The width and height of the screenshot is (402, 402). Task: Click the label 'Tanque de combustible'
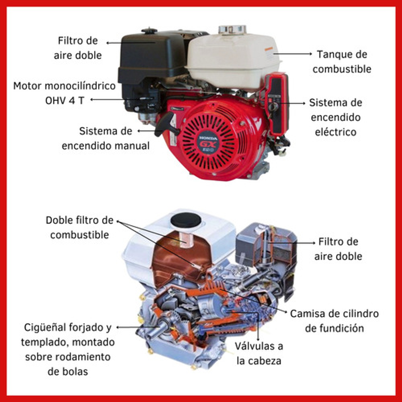coord(342,62)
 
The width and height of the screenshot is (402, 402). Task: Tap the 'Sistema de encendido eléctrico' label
coord(336,117)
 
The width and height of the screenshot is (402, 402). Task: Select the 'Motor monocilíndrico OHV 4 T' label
coord(64,93)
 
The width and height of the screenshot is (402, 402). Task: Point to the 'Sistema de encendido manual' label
coord(106,138)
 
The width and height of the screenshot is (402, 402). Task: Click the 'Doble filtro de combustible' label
coord(80,228)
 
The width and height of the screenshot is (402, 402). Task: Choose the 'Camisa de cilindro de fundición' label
coord(334,321)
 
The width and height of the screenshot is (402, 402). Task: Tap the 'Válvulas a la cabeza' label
coord(259,353)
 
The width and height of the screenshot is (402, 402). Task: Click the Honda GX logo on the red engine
coord(208,144)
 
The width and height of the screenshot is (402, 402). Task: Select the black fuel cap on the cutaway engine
coord(186,220)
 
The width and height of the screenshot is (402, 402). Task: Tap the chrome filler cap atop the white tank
coord(232,29)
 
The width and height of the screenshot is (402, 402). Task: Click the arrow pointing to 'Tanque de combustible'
coord(293,54)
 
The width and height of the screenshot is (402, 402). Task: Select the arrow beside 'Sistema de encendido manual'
coord(147,131)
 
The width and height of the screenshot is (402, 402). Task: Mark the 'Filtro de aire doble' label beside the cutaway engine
coord(338,249)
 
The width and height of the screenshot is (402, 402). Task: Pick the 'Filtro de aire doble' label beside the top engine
coord(78,48)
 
